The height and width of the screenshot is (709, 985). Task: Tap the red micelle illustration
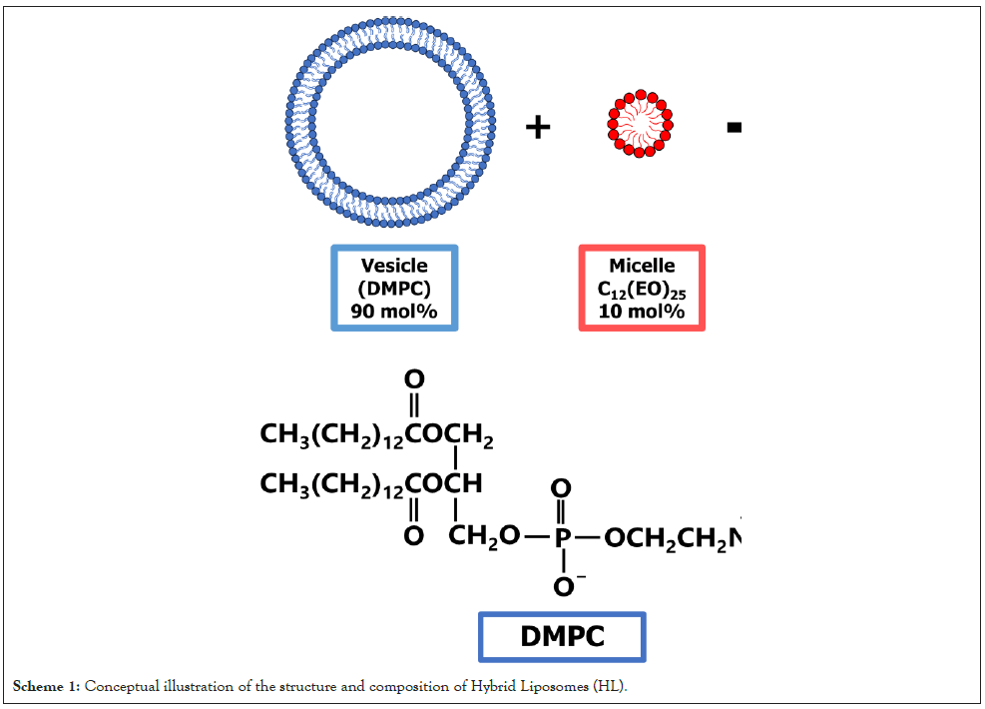pyautogui.click(x=640, y=124)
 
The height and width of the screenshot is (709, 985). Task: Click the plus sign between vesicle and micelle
pyautogui.click(x=538, y=128)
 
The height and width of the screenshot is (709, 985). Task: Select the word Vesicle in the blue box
pyautogui.click(x=393, y=266)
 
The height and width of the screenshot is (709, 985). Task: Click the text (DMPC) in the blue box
pyautogui.click(x=393, y=288)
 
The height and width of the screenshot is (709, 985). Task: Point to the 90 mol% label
pyautogui.click(x=393, y=311)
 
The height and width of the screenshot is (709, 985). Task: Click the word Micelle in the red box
pyautogui.click(x=642, y=266)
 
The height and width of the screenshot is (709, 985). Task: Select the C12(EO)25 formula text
pyautogui.click(x=642, y=289)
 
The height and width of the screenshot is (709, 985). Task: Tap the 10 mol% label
pyautogui.click(x=642, y=311)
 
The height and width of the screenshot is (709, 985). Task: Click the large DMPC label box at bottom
pyautogui.click(x=562, y=636)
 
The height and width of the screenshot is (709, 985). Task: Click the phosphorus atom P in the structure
pyautogui.click(x=562, y=536)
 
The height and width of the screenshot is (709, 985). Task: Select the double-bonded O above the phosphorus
pyautogui.click(x=562, y=488)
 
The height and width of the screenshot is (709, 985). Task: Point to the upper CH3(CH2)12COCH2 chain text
pyautogui.click(x=376, y=435)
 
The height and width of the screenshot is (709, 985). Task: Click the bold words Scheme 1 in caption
pyautogui.click(x=46, y=686)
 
